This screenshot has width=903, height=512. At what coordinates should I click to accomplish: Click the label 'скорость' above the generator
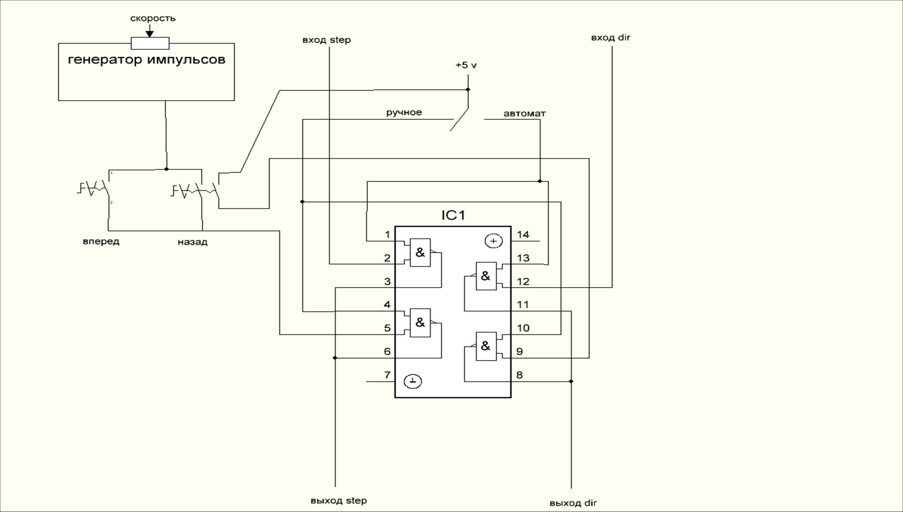tap(153, 19)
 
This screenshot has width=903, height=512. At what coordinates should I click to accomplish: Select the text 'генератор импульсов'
tap(146, 60)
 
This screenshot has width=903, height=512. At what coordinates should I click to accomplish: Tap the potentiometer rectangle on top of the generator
tap(150, 43)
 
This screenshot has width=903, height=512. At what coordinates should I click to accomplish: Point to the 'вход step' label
tap(326, 40)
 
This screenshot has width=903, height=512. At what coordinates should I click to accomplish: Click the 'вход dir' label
tap(610, 38)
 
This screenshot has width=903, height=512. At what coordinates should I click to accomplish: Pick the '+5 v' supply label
tap(466, 65)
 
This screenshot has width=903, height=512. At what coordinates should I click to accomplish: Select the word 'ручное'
tap(404, 112)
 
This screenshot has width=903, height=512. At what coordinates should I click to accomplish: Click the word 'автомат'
tap(524, 114)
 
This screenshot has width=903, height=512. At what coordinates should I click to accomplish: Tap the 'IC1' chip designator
tap(453, 215)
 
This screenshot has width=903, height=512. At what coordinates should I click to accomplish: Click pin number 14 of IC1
tap(523, 234)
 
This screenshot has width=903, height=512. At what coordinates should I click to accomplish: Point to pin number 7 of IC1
tap(387, 375)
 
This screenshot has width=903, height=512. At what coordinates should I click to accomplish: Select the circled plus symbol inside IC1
tap(494, 241)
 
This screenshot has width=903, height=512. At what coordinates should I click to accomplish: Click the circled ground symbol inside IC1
tap(413, 381)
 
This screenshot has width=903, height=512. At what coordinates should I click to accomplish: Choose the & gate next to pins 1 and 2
tap(420, 252)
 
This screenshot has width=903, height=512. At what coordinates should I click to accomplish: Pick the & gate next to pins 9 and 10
tap(485, 346)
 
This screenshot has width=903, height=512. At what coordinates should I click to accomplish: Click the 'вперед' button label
tap(101, 242)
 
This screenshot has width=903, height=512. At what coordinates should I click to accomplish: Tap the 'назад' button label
tap(192, 242)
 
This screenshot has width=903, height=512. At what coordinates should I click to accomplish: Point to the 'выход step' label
tap(339, 501)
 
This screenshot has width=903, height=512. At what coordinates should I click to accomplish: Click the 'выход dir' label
tap(573, 503)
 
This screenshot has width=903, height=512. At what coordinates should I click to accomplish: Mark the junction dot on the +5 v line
tap(468, 89)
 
